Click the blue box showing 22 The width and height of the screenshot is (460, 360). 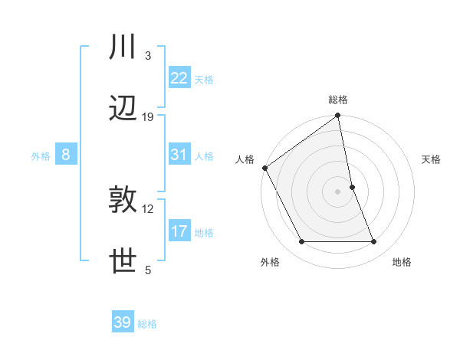179,78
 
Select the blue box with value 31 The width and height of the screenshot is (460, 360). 179,155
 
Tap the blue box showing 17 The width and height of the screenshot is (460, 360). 179,231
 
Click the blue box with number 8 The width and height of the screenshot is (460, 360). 66,155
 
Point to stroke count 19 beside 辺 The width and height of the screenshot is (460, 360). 148,117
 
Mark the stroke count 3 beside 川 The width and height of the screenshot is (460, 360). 148,56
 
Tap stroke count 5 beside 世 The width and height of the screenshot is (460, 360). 148,270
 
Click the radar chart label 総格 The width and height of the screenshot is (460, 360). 338,100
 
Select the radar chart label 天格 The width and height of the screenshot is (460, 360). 431,159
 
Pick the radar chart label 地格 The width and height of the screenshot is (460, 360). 401,263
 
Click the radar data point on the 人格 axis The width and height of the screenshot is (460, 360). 264,168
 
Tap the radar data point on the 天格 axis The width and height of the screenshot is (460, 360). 352,187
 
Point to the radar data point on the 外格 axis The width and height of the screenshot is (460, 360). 301,242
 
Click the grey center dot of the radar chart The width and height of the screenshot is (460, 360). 338,191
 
